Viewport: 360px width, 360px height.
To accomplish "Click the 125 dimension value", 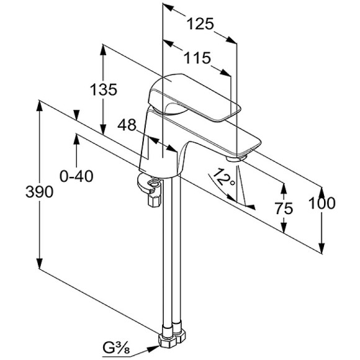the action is [200, 24].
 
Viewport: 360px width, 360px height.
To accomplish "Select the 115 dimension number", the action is [197, 58].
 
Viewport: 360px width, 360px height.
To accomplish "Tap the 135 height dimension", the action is [104, 89].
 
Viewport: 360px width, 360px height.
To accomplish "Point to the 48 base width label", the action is [127, 125].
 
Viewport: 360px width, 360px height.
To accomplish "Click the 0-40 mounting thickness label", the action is [76, 176].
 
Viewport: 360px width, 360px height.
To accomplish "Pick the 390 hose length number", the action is [39, 192].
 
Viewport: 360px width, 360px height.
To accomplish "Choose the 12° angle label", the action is [223, 177].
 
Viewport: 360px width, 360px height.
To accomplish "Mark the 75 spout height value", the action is [284, 209].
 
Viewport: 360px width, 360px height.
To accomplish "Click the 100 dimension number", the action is [322, 203].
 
